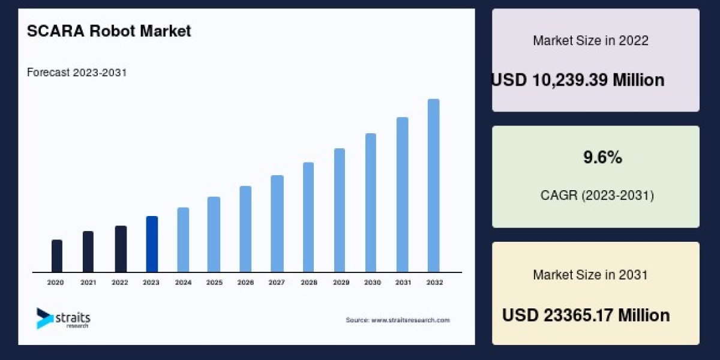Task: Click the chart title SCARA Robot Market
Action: (x=109, y=31)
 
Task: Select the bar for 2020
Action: (x=57, y=256)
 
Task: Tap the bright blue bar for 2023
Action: (x=152, y=244)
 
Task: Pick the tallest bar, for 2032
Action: (x=433, y=186)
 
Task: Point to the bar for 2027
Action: (x=277, y=224)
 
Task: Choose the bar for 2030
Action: (x=371, y=203)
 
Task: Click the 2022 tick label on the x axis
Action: (x=120, y=282)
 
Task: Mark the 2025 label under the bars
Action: (x=214, y=282)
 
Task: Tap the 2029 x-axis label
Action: (x=340, y=282)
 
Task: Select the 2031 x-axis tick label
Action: (x=402, y=282)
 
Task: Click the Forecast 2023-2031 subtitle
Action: (x=77, y=73)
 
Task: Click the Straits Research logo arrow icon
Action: (x=44, y=318)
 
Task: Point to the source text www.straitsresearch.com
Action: (x=397, y=320)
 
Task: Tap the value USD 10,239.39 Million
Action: (x=578, y=80)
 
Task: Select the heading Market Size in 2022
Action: (x=590, y=41)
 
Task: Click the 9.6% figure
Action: (x=602, y=158)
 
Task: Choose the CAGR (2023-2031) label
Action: (x=597, y=195)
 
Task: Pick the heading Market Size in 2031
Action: (x=590, y=275)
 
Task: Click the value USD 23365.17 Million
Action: (x=586, y=315)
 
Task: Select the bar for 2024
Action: (x=183, y=240)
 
